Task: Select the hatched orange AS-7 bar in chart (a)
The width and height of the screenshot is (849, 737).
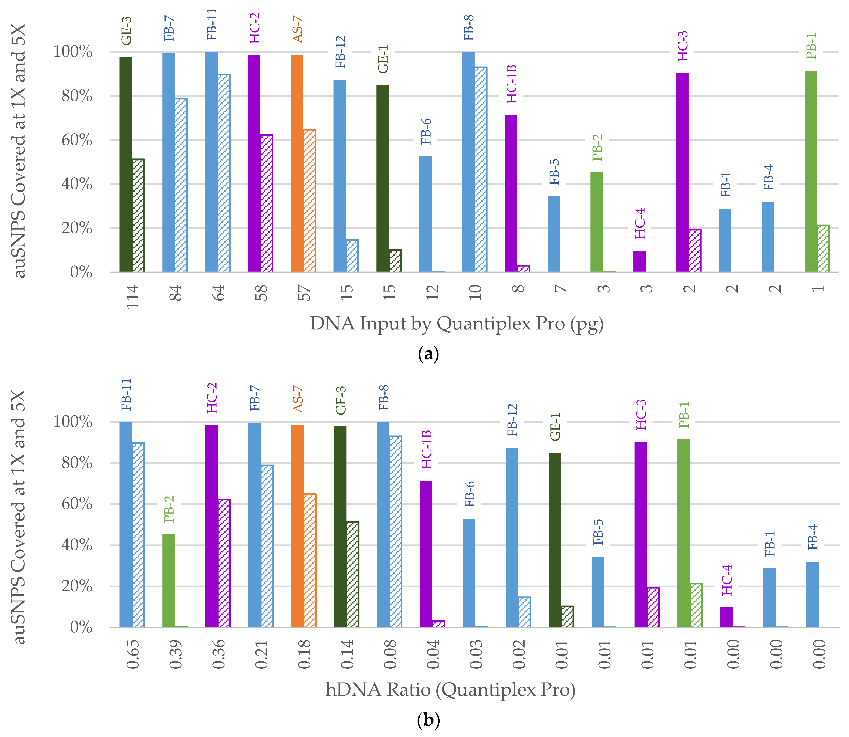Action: pos(309,201)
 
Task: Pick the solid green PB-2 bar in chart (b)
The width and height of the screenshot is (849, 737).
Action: pos(169,581)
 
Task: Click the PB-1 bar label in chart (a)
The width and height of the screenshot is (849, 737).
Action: pos(811,46)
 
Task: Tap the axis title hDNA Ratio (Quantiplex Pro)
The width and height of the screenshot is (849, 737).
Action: pos(450,690)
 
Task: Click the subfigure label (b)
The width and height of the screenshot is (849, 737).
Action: pos(428,720)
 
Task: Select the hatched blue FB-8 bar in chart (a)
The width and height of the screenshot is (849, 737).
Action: pos(481,169)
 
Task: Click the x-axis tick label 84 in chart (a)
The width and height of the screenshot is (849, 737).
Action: pos(175,293)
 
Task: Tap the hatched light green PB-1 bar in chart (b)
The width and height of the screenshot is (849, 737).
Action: pos(696,605)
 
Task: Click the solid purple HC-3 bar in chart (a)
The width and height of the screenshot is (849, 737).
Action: pos(682,173)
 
